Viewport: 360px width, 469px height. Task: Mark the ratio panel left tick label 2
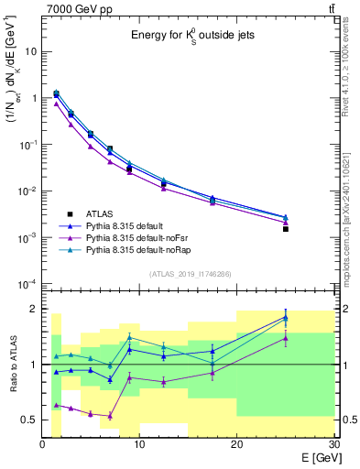coord(33,309)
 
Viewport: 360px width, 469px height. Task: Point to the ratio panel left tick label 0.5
coord(29,420)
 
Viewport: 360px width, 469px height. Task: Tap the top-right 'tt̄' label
coord(330,8)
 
